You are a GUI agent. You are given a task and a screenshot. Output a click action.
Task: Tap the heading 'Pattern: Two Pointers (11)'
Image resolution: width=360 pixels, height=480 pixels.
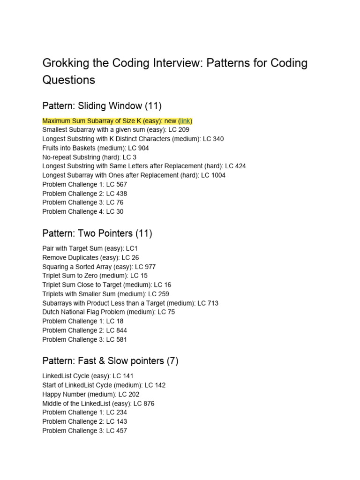(97, 233)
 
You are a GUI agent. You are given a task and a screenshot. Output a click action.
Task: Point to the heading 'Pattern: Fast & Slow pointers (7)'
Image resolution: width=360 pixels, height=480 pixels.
(110, 361)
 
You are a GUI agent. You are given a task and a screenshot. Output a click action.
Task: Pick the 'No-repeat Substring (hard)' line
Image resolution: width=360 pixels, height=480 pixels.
(89, 157)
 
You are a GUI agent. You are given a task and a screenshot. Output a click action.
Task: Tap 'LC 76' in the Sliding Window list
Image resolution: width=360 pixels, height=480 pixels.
(116, 202)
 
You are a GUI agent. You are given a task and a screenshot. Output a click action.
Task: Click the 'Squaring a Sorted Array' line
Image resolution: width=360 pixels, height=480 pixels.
(99, 267)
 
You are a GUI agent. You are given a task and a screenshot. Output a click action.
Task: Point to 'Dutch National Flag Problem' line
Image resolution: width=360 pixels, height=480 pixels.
(108, 312)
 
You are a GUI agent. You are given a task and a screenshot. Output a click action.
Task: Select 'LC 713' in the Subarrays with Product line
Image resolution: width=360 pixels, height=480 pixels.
(208, 303)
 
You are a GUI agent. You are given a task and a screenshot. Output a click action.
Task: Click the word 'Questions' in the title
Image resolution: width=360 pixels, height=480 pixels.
(68, 80)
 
